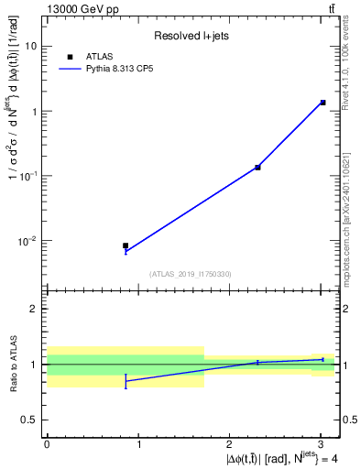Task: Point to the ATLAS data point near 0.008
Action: (x=125, y=245)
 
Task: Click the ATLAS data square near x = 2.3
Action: (x=257, y=167)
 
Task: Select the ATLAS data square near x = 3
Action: (x=323, y=103)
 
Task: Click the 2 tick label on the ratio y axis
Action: (x=35, y=309)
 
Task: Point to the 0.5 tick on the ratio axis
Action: (x=30, y=420)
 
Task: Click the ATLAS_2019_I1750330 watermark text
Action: (x=191, y=274)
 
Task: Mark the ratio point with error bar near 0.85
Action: (x=125, y=380)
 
